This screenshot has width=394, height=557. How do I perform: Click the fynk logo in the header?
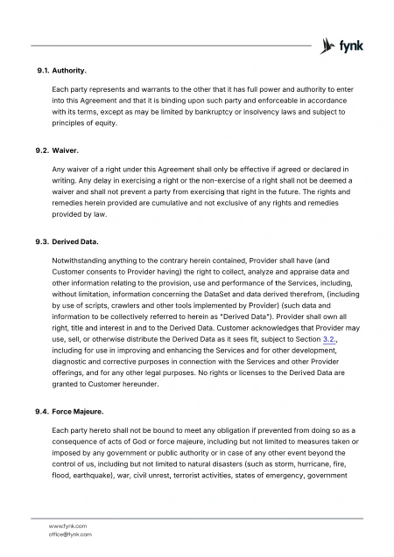point(342,45)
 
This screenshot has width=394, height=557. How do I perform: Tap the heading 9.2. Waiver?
point(54,150)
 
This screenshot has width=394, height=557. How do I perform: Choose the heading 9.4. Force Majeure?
point(66,411)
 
